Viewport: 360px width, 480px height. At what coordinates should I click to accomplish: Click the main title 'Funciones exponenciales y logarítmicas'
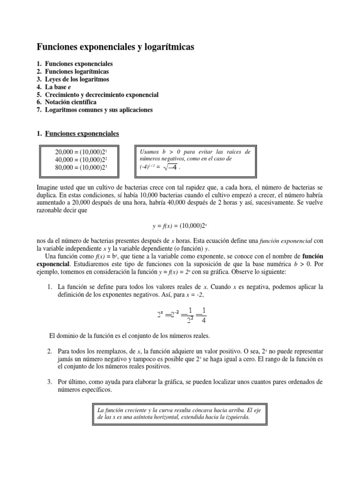point(115,47)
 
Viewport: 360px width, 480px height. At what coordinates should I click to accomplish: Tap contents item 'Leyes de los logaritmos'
point(77,79)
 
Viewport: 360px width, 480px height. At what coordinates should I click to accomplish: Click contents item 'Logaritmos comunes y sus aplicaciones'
point(99,110)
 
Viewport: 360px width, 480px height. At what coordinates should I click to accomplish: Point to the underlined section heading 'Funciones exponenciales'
point(82,134)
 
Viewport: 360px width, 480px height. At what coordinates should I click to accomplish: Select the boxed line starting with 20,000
point(82,153)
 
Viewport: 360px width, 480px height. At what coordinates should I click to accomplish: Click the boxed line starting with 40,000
point(82,160)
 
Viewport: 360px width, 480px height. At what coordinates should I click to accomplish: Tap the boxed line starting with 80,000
point(82,168)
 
